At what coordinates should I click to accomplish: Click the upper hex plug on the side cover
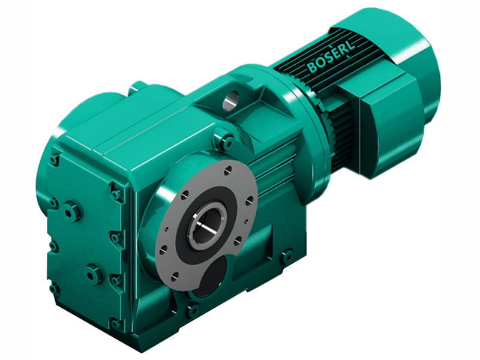coord(72,211)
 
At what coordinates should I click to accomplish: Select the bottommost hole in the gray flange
coord(175,277)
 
